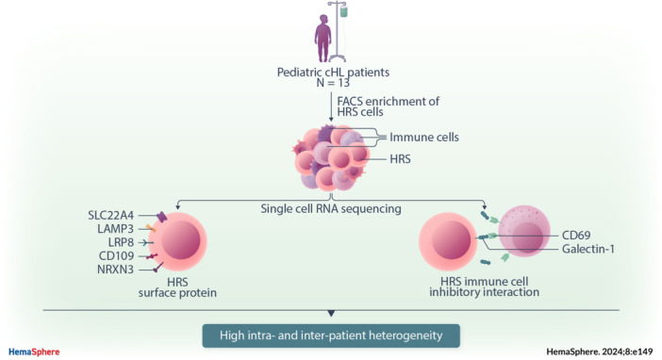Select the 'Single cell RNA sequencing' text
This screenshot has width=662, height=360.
[x=330, y=205]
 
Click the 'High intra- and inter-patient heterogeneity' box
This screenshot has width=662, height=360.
[x=330, y=335]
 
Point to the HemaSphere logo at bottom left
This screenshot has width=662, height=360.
[x=34, y=352]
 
